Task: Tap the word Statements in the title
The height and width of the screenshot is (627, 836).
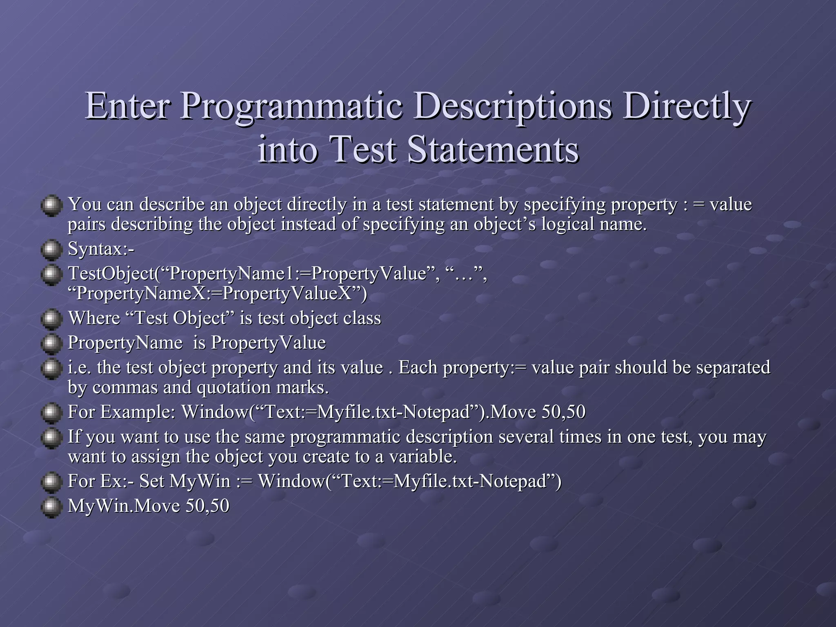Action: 493,149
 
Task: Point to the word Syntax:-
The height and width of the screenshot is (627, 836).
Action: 101,249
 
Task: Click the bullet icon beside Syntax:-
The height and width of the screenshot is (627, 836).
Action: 51,250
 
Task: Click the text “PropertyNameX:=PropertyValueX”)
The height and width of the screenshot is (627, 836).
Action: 217,293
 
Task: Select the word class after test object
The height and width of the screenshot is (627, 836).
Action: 362,318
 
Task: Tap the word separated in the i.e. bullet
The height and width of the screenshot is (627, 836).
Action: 733,367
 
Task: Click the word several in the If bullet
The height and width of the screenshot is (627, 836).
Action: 527,437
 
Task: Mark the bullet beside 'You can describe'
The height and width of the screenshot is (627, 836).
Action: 51,205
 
